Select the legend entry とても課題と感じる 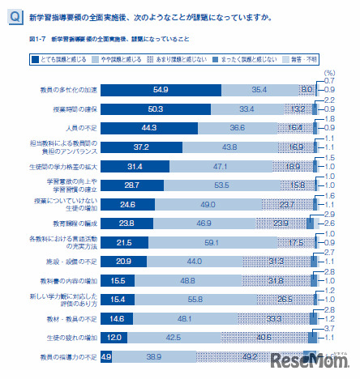(63, 58)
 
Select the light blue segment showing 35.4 (260, 90)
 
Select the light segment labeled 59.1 (218, 241)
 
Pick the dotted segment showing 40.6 (285, 337)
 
